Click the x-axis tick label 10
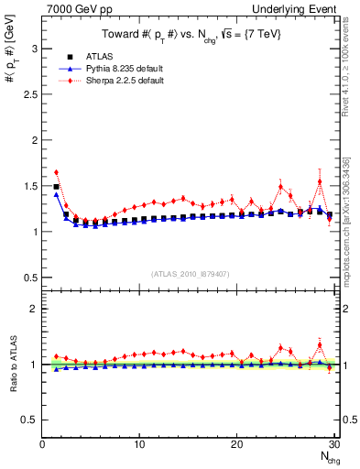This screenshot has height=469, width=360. click(139, 444)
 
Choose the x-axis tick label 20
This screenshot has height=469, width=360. click(236, 444)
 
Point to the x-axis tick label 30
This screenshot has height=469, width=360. click(333, 444)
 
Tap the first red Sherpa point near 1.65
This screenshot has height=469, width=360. click(56, 172)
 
